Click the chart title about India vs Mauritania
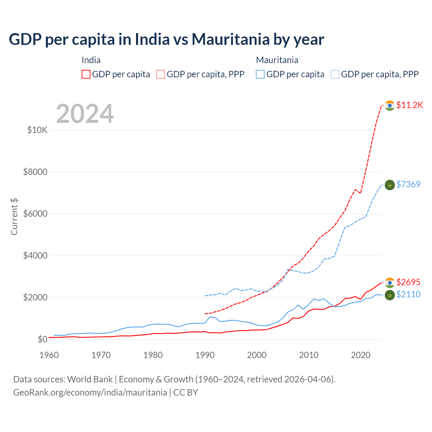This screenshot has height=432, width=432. (x=166, y=39)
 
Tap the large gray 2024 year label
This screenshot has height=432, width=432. (x=85, y=114)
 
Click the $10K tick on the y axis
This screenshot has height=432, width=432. (x=37, y=130)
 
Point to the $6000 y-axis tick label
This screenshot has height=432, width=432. (x=35, y=214)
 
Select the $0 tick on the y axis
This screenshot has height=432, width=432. (x=42, y=339)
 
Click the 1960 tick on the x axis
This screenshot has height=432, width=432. (x=49, y=355)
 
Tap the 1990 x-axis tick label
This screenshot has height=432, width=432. (x=205, y=355)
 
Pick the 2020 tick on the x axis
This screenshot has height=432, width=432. (x=361, y=355)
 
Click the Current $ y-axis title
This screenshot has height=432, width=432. (x=14, y=217)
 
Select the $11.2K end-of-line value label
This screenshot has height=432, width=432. (x=409, y=105)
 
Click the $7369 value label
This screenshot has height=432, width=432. (x=408, y=184)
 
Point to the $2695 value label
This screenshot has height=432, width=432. (x=408, y=282)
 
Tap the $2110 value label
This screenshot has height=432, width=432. (x=408, y=294)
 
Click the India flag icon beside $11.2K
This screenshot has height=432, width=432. (x=390, y=106)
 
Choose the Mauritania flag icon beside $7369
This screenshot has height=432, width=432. (x=390, y=185)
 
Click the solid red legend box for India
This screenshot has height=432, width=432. (x=86, y=74)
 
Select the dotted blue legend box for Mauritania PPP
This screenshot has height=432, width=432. (x=335, y=74)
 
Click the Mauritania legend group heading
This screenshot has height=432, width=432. (x=277, y=60)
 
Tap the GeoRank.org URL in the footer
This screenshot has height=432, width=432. (x=90, y=393)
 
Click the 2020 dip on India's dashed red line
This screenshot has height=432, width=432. (x=360, y=193)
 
